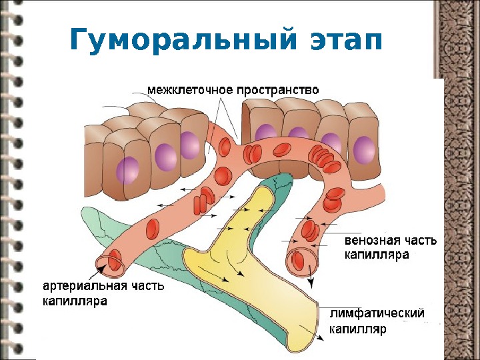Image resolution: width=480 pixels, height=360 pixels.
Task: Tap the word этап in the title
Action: pos(347,41)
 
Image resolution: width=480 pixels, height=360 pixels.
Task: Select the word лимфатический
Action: pos(377,313)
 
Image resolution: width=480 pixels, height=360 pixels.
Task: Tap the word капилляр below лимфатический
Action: pos(357,329)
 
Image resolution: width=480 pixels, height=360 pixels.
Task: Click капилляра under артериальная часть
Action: pos(75,301)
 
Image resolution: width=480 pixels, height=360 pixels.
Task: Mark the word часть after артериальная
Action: pos(149,287)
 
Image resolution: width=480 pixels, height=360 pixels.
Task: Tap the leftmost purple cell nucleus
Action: pos(127,171)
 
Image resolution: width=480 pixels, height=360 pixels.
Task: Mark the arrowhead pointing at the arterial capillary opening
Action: pos(99,269)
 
